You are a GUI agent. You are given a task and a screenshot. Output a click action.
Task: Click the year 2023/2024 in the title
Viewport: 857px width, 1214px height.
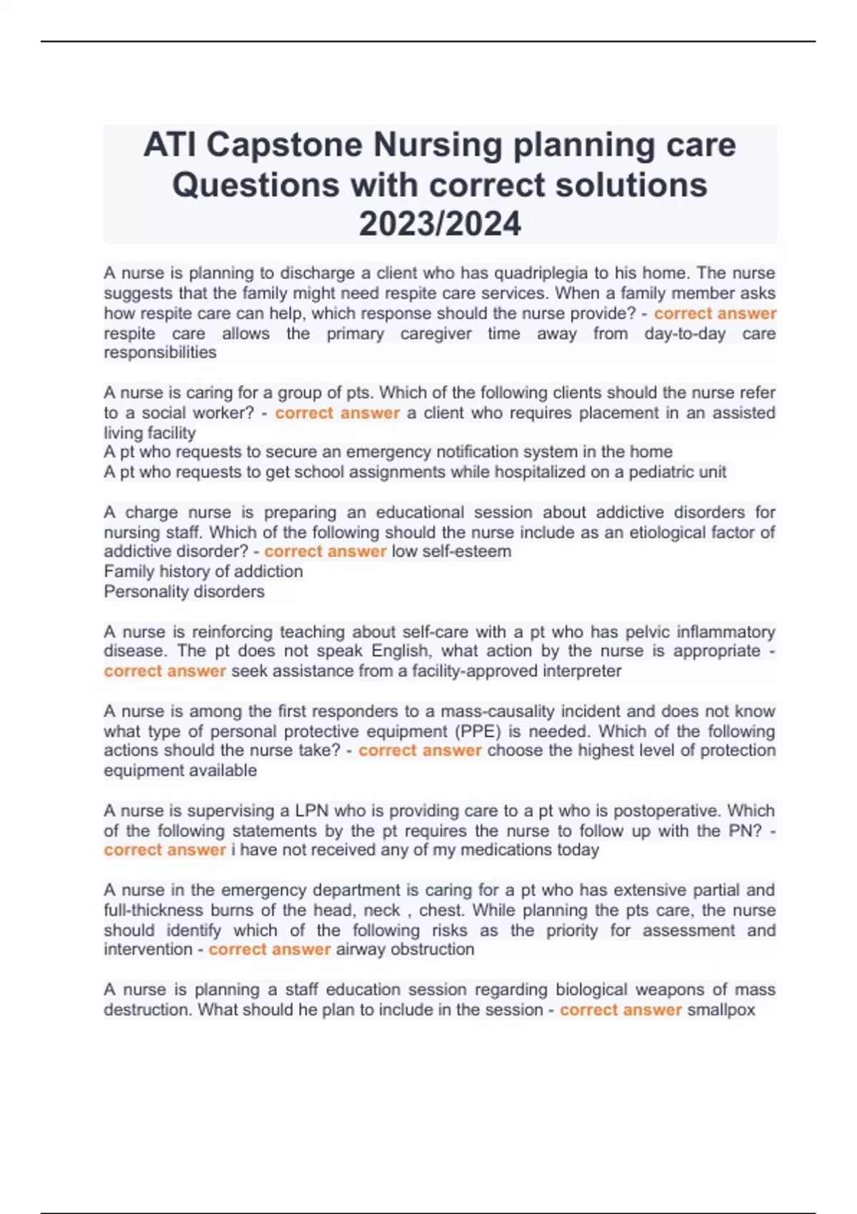click(x=440, y=224)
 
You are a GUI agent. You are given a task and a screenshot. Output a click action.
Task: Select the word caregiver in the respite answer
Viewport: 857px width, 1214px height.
click(x=436, y=333)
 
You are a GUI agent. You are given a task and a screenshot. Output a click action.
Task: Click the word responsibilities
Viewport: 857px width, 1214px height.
click(x=160, y=353)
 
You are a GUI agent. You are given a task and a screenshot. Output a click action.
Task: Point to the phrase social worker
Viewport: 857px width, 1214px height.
click(x=198, y=413)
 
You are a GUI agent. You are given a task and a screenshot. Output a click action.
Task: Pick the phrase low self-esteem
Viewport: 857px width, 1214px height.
click(x=451, y=552)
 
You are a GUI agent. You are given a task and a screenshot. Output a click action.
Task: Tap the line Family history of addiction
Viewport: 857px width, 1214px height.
click(x=204, y=571)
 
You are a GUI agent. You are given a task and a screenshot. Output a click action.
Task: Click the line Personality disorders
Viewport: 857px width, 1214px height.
click(x=184, y=591)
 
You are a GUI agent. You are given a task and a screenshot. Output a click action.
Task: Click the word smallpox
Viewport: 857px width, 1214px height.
click(x=721, y=1010)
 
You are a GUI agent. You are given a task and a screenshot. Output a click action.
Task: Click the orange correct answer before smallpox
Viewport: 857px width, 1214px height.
click(x=621, y=1010)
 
